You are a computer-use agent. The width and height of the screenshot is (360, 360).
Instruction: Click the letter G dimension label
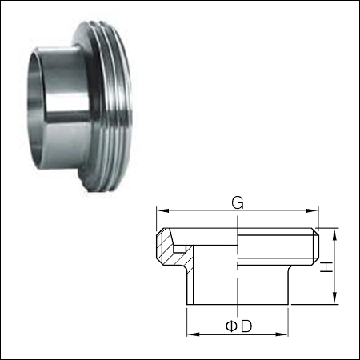click(x=237, y=202)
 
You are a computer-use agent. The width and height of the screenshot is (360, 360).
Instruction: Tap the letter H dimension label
click(x=328, y=264)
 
